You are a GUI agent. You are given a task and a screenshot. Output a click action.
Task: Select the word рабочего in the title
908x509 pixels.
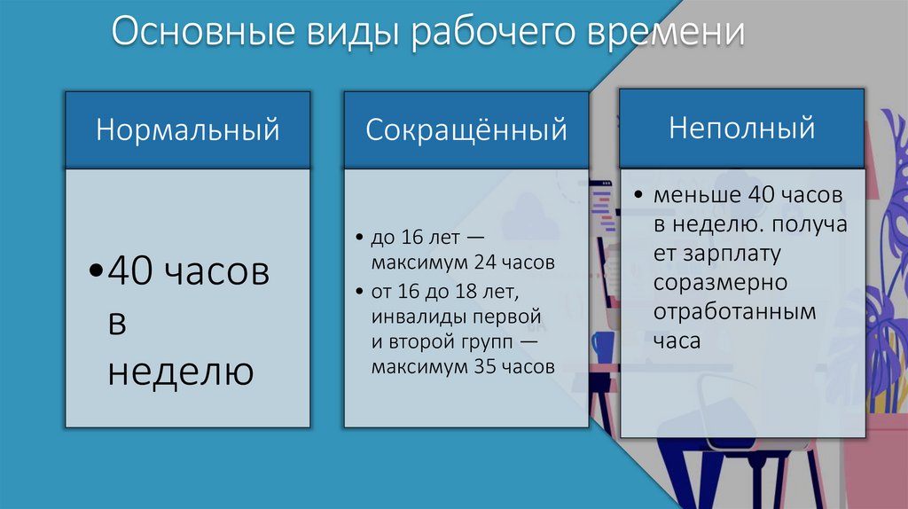pos(494,35)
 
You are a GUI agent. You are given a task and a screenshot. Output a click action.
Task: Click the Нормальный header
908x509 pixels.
pos(187,130)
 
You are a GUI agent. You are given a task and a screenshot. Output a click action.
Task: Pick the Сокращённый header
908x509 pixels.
pos(466,130)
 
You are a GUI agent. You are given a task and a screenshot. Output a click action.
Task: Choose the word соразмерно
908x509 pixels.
pos(720,282)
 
